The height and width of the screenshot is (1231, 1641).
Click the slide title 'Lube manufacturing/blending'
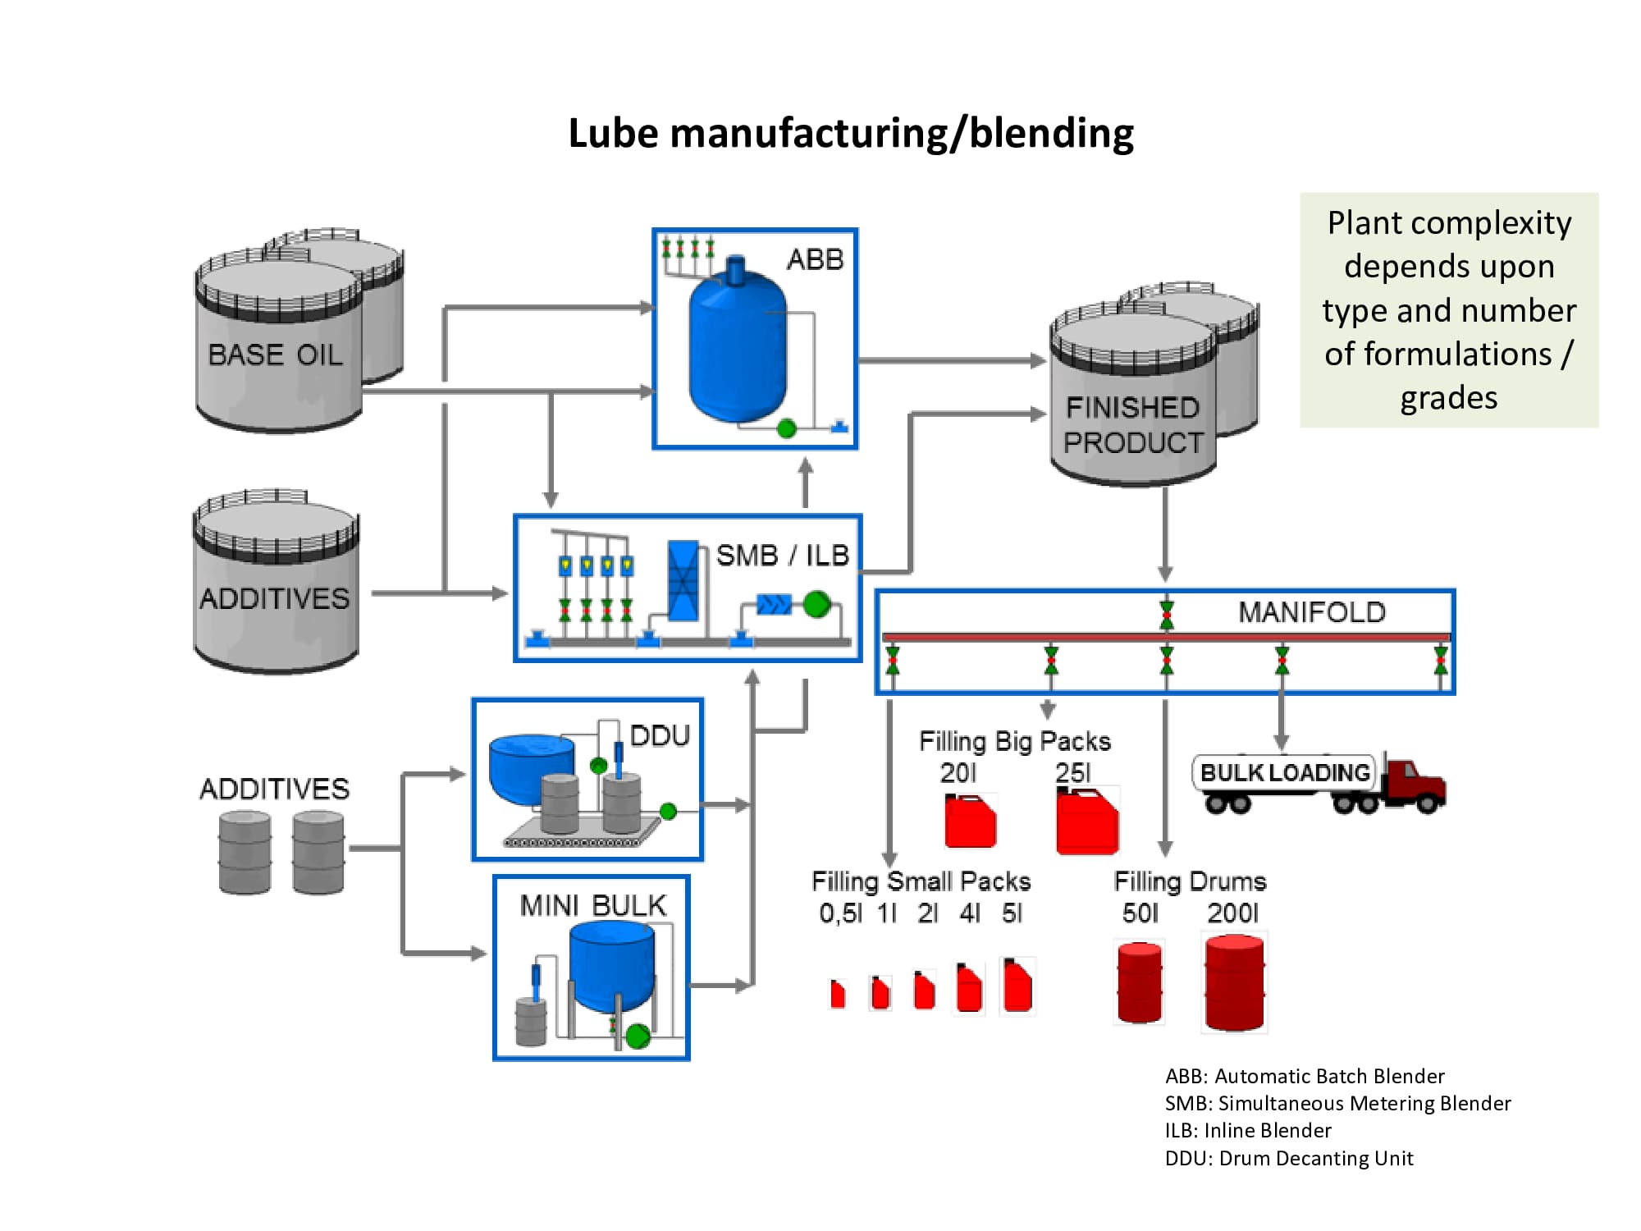pyautogui.click(x=851, y=133)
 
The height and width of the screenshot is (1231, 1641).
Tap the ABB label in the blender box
pyautogui.click(x=815, y=259)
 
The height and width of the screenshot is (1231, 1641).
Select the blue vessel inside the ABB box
pyautogui.click(x=737, y=349)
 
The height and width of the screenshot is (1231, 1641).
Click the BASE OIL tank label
pyautogui.click(x=275, y=355)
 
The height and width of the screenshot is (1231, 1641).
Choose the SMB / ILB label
pyautogui.click(x=782, y=556)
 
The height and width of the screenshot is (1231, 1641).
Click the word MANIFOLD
pyautogui.click(x=1311, y=612)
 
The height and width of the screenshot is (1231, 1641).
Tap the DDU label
pyautogui.click(x=660, y=735)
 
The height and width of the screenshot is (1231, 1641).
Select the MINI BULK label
pyautogui.click(x=592, y=905)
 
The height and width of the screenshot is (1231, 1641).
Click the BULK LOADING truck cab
pyautogui.click(x=1415, y=784)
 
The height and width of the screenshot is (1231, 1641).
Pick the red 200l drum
pyautogui.click(x=1234, y=982)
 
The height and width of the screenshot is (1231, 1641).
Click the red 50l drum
pyautogui.click(x=1140, y=982)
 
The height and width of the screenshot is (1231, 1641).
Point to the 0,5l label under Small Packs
pyautogui.click(x=839, y=913)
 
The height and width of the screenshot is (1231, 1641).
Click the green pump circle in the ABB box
pyautogui.click(x=786, y=428)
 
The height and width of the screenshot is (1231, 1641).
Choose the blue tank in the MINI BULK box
pyautogui.click(x=612, y=964)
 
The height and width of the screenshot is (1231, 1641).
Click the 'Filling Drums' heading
pyautogui.click(x=1189, y=881)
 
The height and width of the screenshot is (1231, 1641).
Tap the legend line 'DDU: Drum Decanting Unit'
pyautogui.click(x=1288, y=1158)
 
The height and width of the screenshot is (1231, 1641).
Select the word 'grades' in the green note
pyautogui.click(x=1448, y=398)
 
